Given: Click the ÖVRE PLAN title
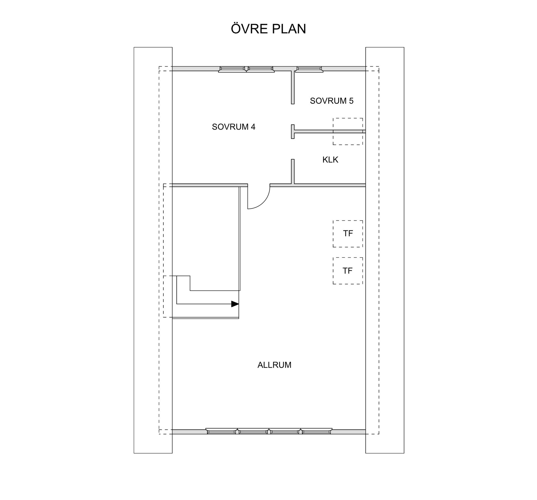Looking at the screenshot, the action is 268,29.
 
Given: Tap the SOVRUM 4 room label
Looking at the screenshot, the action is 234,127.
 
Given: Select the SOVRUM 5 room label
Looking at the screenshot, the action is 332,101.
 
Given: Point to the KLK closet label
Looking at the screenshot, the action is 330,160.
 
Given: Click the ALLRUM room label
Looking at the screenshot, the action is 274,365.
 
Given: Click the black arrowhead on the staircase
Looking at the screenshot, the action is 235,304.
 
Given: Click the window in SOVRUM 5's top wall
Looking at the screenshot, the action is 309,69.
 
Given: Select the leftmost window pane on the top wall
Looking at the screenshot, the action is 232,69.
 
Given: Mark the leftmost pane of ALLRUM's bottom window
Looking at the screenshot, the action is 221,431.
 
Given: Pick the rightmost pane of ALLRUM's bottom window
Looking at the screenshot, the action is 317,431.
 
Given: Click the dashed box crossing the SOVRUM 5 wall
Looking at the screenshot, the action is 348,132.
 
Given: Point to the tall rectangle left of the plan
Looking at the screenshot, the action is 153,250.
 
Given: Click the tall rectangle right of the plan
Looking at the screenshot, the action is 385,250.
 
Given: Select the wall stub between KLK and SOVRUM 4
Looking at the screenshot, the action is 293,172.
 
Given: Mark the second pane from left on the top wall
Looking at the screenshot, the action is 260,69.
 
